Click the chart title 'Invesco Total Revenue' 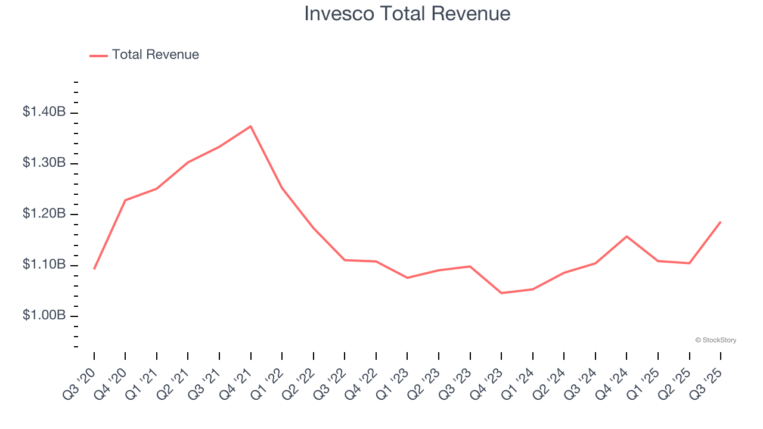click(x=407, y=14)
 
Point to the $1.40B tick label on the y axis click(x=44, y=112)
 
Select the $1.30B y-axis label click(x=44, y=163)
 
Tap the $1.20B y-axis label click(x=44, y=214)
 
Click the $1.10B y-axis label click(x=44, y=265)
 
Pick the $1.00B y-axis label click(x=44, y=315)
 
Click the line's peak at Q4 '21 click(x=250, y=126)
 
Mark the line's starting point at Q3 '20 click(x=94, y=269)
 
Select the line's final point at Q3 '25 click(x=720, y=222)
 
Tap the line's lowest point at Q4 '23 click(x=501, y=293)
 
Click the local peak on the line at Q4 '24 click(x=626, y=237)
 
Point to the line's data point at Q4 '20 click(x=125, y=200)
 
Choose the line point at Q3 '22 click(x=345, y=260)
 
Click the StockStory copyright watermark click(x=715, y=340)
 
